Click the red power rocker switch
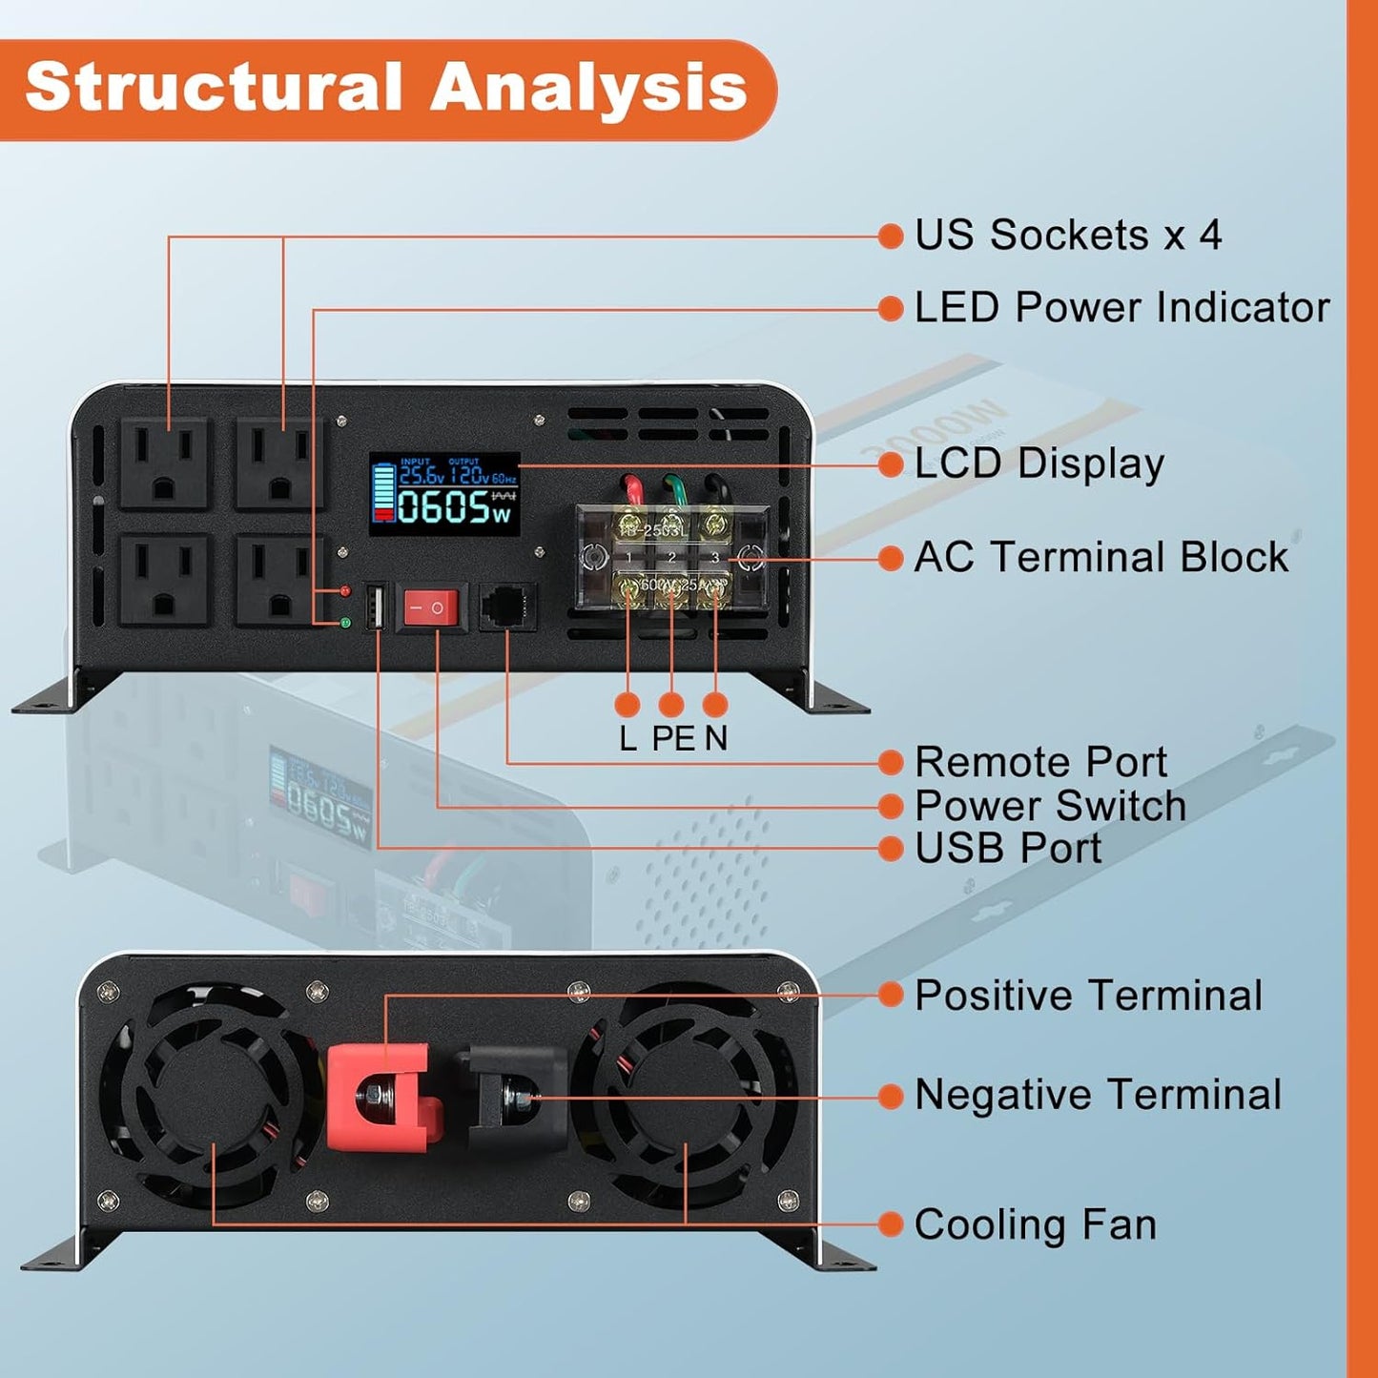(x=431, y=607)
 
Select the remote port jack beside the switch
(x=507, y=607)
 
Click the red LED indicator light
(x=345, y=591)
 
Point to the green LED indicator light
(x=345, y=623)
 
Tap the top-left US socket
(x=163, y=463)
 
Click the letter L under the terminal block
(x=627, y=738)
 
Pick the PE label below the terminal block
(x=673, y=738)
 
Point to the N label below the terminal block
(x=716, y=738)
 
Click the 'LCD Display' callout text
(x=1039, y=464)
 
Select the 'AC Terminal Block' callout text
(x=1101, y=558)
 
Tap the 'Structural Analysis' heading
(x=385, y=87)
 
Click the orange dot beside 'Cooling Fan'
(x=890, y=1224)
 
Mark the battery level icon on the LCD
(x=383, y=493)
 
